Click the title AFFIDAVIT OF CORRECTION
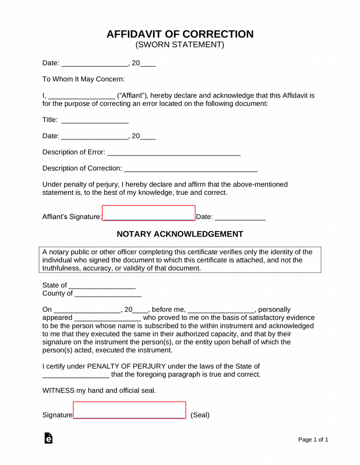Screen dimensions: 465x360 [180, 34]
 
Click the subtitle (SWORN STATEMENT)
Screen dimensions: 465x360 [180, 45]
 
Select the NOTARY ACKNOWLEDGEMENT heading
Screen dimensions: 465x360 [180, 234]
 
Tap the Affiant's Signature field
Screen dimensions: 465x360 [149, 213]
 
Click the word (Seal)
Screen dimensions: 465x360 [200, 415]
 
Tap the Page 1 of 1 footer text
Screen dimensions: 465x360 [313, 440]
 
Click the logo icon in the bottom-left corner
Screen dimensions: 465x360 [48, 438]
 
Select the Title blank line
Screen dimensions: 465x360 [95, 121]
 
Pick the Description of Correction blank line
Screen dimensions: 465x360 [190, 169]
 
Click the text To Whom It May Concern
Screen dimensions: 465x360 [83, 79]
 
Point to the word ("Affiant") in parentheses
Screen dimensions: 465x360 [131, 96]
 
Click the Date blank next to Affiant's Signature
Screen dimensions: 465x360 [240, 218]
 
